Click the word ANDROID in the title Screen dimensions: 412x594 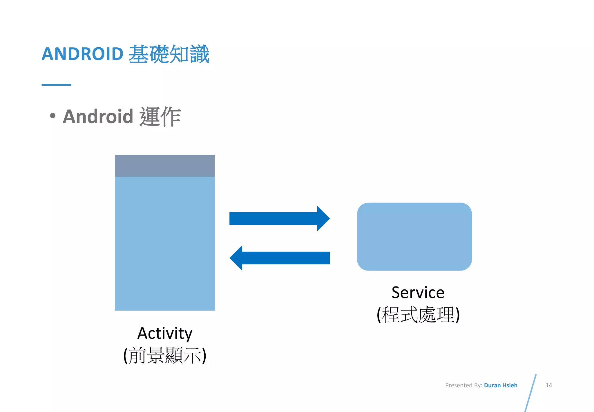click(83, 54)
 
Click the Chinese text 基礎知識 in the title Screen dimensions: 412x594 click(169, 54)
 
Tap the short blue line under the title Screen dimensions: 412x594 click(56, 85)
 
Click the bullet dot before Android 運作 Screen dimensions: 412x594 click(52, 116)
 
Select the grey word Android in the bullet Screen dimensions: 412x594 click(98, 117)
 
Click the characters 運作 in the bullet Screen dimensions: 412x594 click(160, 117)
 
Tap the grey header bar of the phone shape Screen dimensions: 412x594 click(165, 166)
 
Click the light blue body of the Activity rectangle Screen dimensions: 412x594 click(165, 243)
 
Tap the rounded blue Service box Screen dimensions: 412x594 click(414, 237)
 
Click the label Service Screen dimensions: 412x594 click(418, 293)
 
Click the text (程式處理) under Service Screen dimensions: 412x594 click(418, 315)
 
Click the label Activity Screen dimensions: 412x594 click(165, 333)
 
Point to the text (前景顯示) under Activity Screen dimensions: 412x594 click(165, 356)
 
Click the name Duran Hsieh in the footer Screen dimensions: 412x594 click(500, 385)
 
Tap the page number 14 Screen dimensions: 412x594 click(548, 385)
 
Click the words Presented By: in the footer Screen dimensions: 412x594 click(463, 385)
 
